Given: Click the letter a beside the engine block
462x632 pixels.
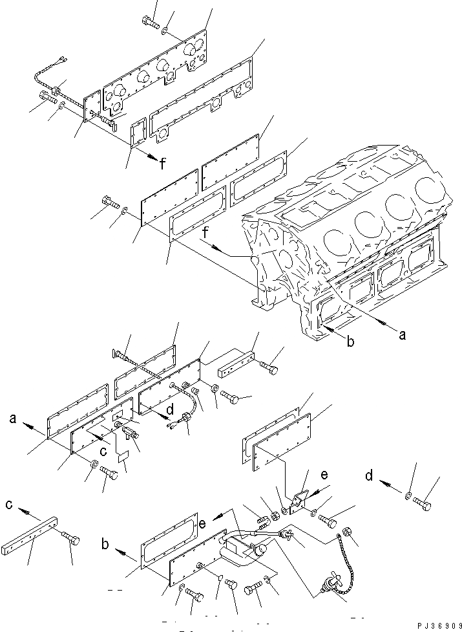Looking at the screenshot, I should click(x=403, y=335).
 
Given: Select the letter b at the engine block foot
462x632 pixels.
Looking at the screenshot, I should click(x=350, y=342).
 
